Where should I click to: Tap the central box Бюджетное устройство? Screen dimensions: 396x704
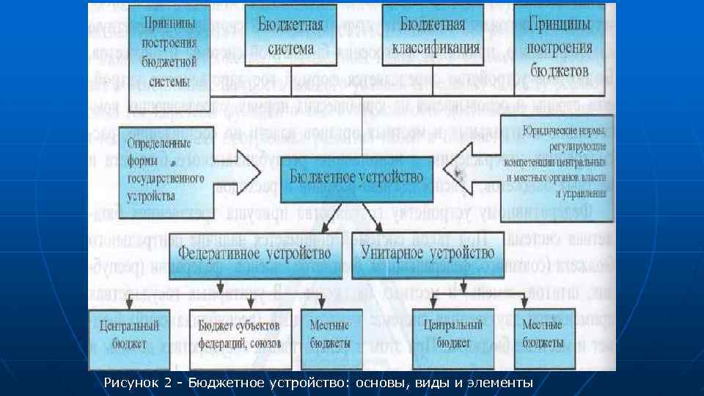point(356,178)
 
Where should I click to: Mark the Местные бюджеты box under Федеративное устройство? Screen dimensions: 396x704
point(331,334)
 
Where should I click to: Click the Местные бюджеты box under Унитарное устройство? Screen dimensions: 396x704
point(543,334)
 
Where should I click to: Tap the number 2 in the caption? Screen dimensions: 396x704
point(167,383)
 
